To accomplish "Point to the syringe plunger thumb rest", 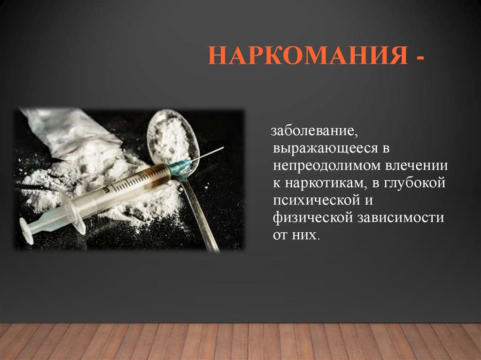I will (x=26, y=231).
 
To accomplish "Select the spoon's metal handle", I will (x=200, y=211).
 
